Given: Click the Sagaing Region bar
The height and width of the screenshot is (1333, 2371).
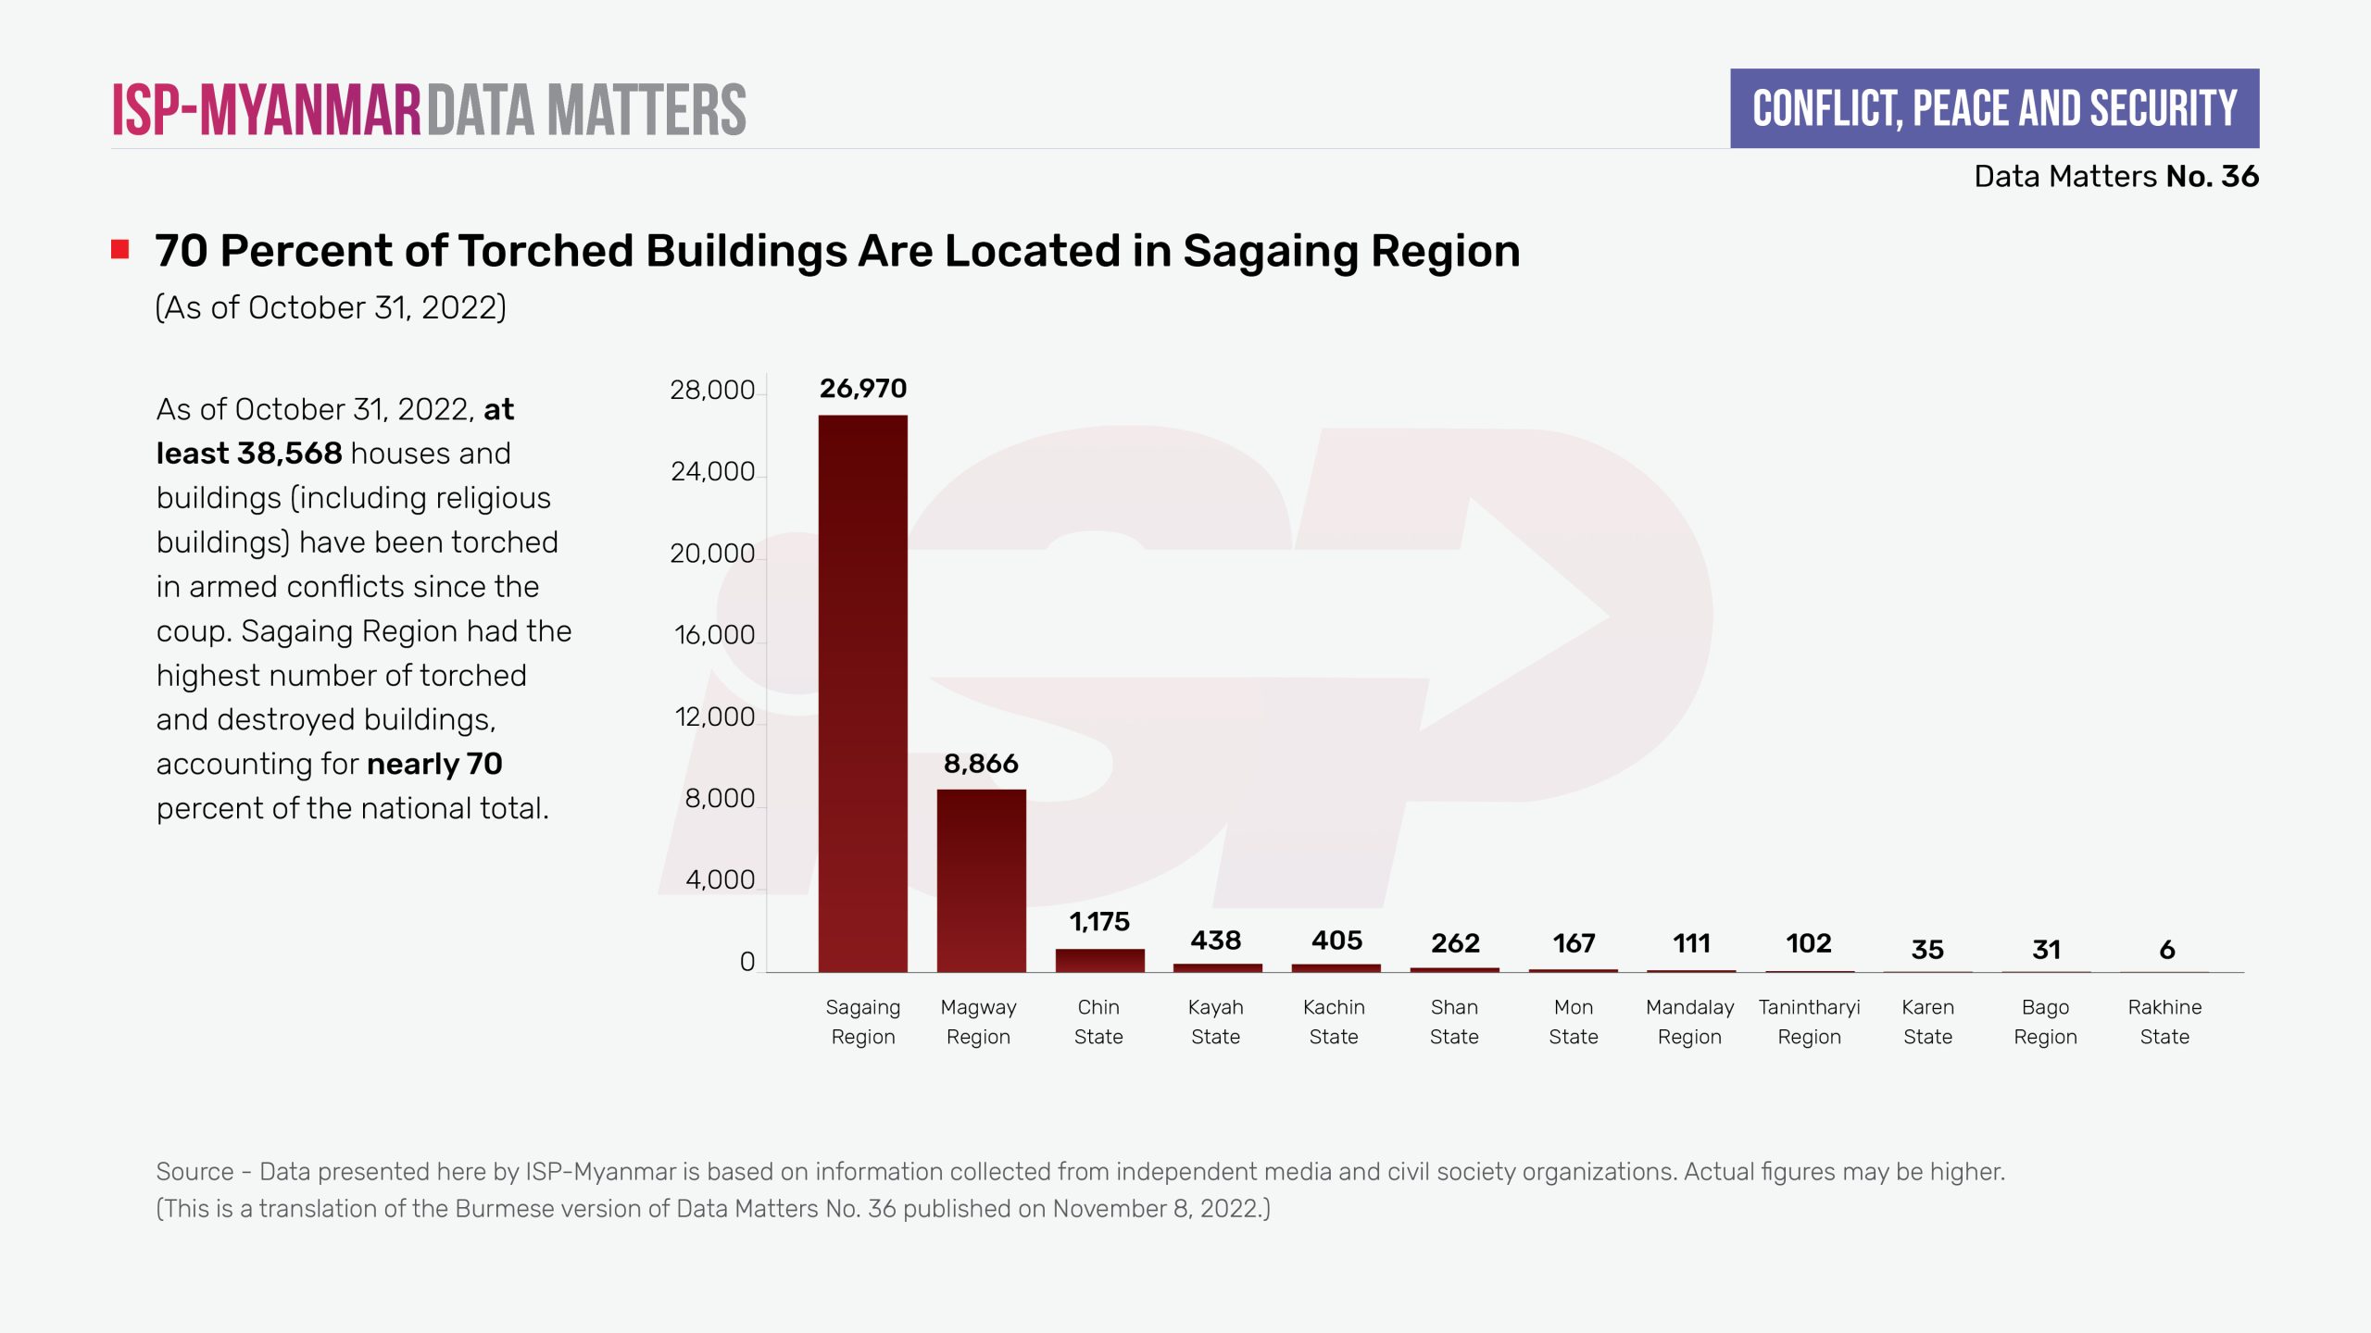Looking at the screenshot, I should point(862,693).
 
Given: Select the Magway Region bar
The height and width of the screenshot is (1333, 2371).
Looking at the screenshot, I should point(981,880).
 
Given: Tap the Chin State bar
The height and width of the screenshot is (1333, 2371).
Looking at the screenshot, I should point(1099,960).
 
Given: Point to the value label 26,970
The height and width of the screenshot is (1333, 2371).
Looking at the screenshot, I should point(862,389).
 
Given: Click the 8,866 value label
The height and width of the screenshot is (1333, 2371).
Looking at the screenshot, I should point(981,764).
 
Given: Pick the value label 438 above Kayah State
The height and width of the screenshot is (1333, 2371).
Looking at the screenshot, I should point(1215,941).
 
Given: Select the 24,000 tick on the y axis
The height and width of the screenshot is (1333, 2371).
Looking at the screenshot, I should point(712,472).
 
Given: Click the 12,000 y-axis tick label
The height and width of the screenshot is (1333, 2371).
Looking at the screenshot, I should point(714,717).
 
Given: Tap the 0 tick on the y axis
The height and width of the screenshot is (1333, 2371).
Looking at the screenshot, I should point(746,963).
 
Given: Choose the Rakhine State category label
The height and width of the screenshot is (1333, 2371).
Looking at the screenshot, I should point(2164,1022).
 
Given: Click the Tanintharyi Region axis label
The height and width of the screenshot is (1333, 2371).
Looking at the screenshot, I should point(1809,1022).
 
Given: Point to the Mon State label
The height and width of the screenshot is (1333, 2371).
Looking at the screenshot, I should point(1573,1022).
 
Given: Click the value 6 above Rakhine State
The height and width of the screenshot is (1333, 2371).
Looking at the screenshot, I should point(2166,950).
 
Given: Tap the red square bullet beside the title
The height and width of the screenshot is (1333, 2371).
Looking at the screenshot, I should point(120,250).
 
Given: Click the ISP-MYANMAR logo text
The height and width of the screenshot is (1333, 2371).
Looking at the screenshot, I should point(267,110).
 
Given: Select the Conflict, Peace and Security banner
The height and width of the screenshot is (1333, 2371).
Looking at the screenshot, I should point(1994,108).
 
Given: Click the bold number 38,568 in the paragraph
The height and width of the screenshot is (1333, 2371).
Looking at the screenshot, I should point(289,454).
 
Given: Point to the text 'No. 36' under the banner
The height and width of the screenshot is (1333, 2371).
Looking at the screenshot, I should point(2212,176).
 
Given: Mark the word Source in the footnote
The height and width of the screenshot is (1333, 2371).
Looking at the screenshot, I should point(194,1172).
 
